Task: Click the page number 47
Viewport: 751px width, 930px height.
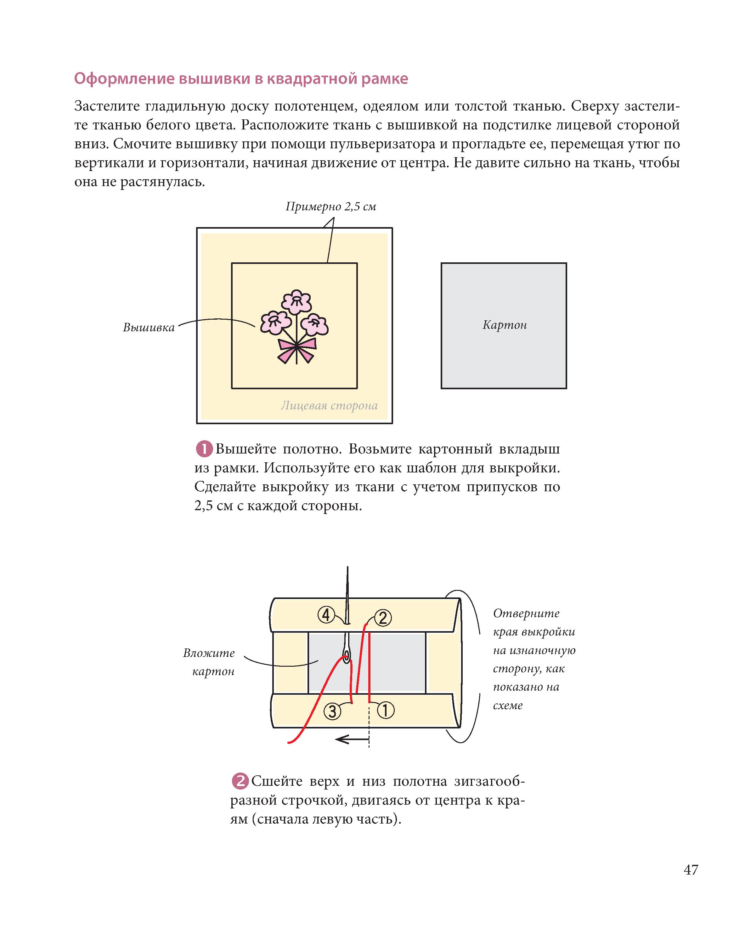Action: click(691, 870)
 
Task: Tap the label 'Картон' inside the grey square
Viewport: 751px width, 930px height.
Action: click(505, 325)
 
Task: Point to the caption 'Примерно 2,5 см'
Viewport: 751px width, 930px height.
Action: click(330, 206)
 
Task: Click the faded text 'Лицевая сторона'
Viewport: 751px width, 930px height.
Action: click(329, 406)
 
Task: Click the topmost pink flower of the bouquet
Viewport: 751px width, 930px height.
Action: click(297, 301)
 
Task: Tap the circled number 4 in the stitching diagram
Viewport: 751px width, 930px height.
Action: click(326, 614)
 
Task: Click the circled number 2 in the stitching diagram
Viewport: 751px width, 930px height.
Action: click(383, 618)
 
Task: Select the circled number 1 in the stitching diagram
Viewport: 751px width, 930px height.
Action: click(386, 710)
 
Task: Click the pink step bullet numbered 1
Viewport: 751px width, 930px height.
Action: click(204, 449)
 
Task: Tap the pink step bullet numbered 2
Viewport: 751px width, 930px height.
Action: click(240, 781)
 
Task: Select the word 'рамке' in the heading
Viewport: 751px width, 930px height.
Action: click(385, 79)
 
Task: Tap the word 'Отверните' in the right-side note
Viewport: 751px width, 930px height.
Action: click(526, 613)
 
